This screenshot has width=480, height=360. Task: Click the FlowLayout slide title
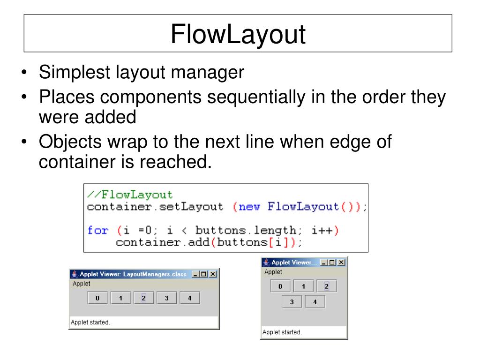238,34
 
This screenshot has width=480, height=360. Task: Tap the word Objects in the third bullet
69,142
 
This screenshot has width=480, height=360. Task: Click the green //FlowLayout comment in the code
130,195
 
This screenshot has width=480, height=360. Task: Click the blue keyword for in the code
97,230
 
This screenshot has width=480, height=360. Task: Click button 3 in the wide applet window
166,298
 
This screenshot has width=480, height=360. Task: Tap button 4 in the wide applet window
189,298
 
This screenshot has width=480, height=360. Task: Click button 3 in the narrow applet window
292,302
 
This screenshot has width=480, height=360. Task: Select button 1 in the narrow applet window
304,286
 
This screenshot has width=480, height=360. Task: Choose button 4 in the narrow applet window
315,302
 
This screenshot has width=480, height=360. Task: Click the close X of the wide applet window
213,274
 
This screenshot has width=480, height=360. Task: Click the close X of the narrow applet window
341,262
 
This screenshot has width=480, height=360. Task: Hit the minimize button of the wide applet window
195,274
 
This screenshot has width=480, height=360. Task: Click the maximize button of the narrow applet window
333,262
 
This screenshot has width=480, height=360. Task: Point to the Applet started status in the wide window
90,322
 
